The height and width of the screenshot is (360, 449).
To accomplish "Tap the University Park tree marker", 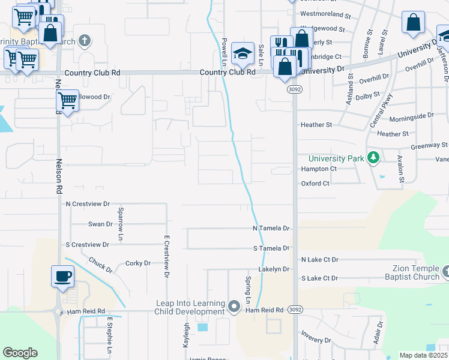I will (374, 158).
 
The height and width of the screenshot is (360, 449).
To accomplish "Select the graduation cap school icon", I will (243, 53).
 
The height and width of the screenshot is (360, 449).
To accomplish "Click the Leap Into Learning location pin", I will (234, 307).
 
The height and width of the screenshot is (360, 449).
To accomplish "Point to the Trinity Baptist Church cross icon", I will (85, 41).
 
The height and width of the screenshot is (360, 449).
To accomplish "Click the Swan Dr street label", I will (100, 224).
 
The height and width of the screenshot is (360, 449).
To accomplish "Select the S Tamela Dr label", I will (271, 248).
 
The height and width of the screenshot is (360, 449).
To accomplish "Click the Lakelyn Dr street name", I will (274, 269).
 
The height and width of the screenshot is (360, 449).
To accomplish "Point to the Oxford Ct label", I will (315, 184).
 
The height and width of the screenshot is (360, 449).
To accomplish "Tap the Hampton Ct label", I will (315, 169).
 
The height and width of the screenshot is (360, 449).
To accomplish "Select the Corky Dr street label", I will (137, 263).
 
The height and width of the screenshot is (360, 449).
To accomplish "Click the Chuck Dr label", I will (100, 265).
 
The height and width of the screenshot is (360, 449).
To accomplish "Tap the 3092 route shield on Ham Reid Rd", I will (294, 310).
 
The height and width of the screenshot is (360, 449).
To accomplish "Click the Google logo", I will (20, 353).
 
